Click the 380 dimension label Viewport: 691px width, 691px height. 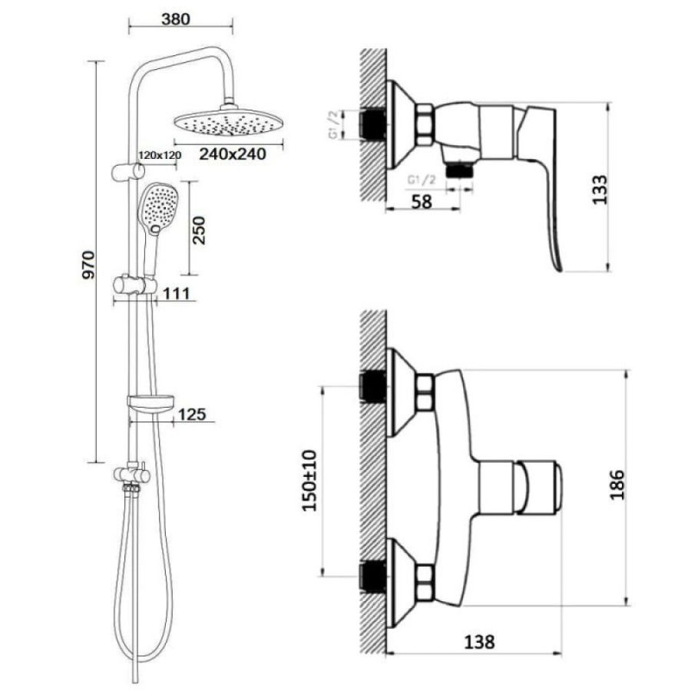[x=176, y=19]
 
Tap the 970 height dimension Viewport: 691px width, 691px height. [x=88, y=265]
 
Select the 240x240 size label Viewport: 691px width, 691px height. [x=233, y=154]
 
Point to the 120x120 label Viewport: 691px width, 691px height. [x=160, y=155]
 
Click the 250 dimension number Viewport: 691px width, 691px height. [x=199, y=230]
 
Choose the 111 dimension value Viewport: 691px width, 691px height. [x=177, y=293]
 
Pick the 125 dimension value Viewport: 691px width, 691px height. [x=192, y=415]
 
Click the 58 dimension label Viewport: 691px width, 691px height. [x=422, y=202]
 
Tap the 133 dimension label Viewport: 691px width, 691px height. [x=600, y=190]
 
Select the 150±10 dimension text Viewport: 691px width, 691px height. [x=309, y=481]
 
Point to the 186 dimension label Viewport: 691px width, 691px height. [x=617, y=484]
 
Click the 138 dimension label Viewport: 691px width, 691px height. [x=479, y=642]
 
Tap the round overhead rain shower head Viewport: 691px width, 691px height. [x=228, y=121]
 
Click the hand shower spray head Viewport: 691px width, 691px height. [x=158, y=208]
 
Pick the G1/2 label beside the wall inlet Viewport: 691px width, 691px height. [x=335, y=124]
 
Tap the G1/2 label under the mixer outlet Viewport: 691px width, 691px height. [x=422, y=180]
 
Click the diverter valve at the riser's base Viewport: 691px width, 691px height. [x=132, y=474]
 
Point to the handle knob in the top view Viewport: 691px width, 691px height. [x=538, y=487]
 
